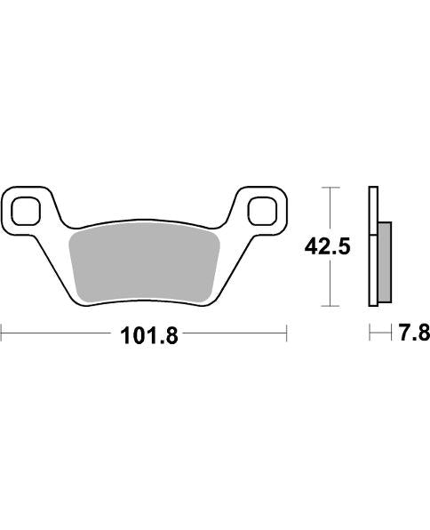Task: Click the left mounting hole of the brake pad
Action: coord(26,210)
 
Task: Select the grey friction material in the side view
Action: coord(384,261)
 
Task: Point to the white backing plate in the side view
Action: coord(373,249)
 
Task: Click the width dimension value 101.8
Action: coord(144,335)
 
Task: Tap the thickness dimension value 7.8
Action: coord(414,334)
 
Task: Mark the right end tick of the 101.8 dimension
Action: coord(286,334)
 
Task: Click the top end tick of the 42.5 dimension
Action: coord(330,188)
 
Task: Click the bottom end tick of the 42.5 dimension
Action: coord(330,306)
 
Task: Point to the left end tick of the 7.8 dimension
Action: coord(370,334)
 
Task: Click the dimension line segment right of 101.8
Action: coord(231,334)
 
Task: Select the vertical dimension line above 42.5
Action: coord(330,210)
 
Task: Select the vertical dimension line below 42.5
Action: coord(330,285)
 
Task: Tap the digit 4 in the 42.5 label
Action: coord(312,246)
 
